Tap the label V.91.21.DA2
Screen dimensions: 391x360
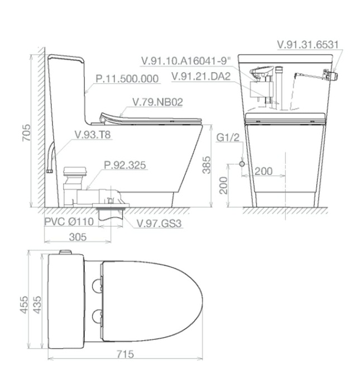201,77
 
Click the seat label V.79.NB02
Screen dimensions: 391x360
157,102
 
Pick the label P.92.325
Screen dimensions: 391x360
125,165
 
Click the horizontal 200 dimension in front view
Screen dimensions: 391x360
263,171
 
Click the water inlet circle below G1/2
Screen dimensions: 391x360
242,164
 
